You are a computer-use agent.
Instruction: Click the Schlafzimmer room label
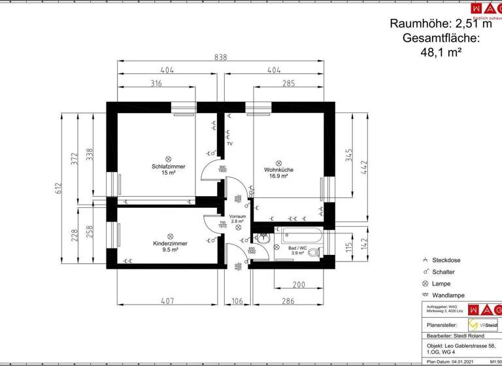click(x=168, y=167)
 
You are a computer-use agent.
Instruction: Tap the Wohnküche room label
click(x=279, y=170)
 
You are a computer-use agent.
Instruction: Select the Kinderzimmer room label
click(x=170, y=244)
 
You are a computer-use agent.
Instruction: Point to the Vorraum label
click(x=237, y=216)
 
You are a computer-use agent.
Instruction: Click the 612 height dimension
click(x=58, y=188)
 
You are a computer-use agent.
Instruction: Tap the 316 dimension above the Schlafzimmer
click(x=156, y=83)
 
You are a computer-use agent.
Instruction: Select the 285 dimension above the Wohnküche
click(x=288, y=83)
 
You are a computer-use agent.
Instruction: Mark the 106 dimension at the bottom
click(x=237, y=301)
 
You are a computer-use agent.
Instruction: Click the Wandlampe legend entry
click(x=448, y=295)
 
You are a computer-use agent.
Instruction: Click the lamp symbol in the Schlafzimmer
click(x=168, y=158)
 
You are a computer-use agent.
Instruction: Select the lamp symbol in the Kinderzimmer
click(x=170, y=236)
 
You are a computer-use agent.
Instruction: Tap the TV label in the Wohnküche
click(x=229, y=144)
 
